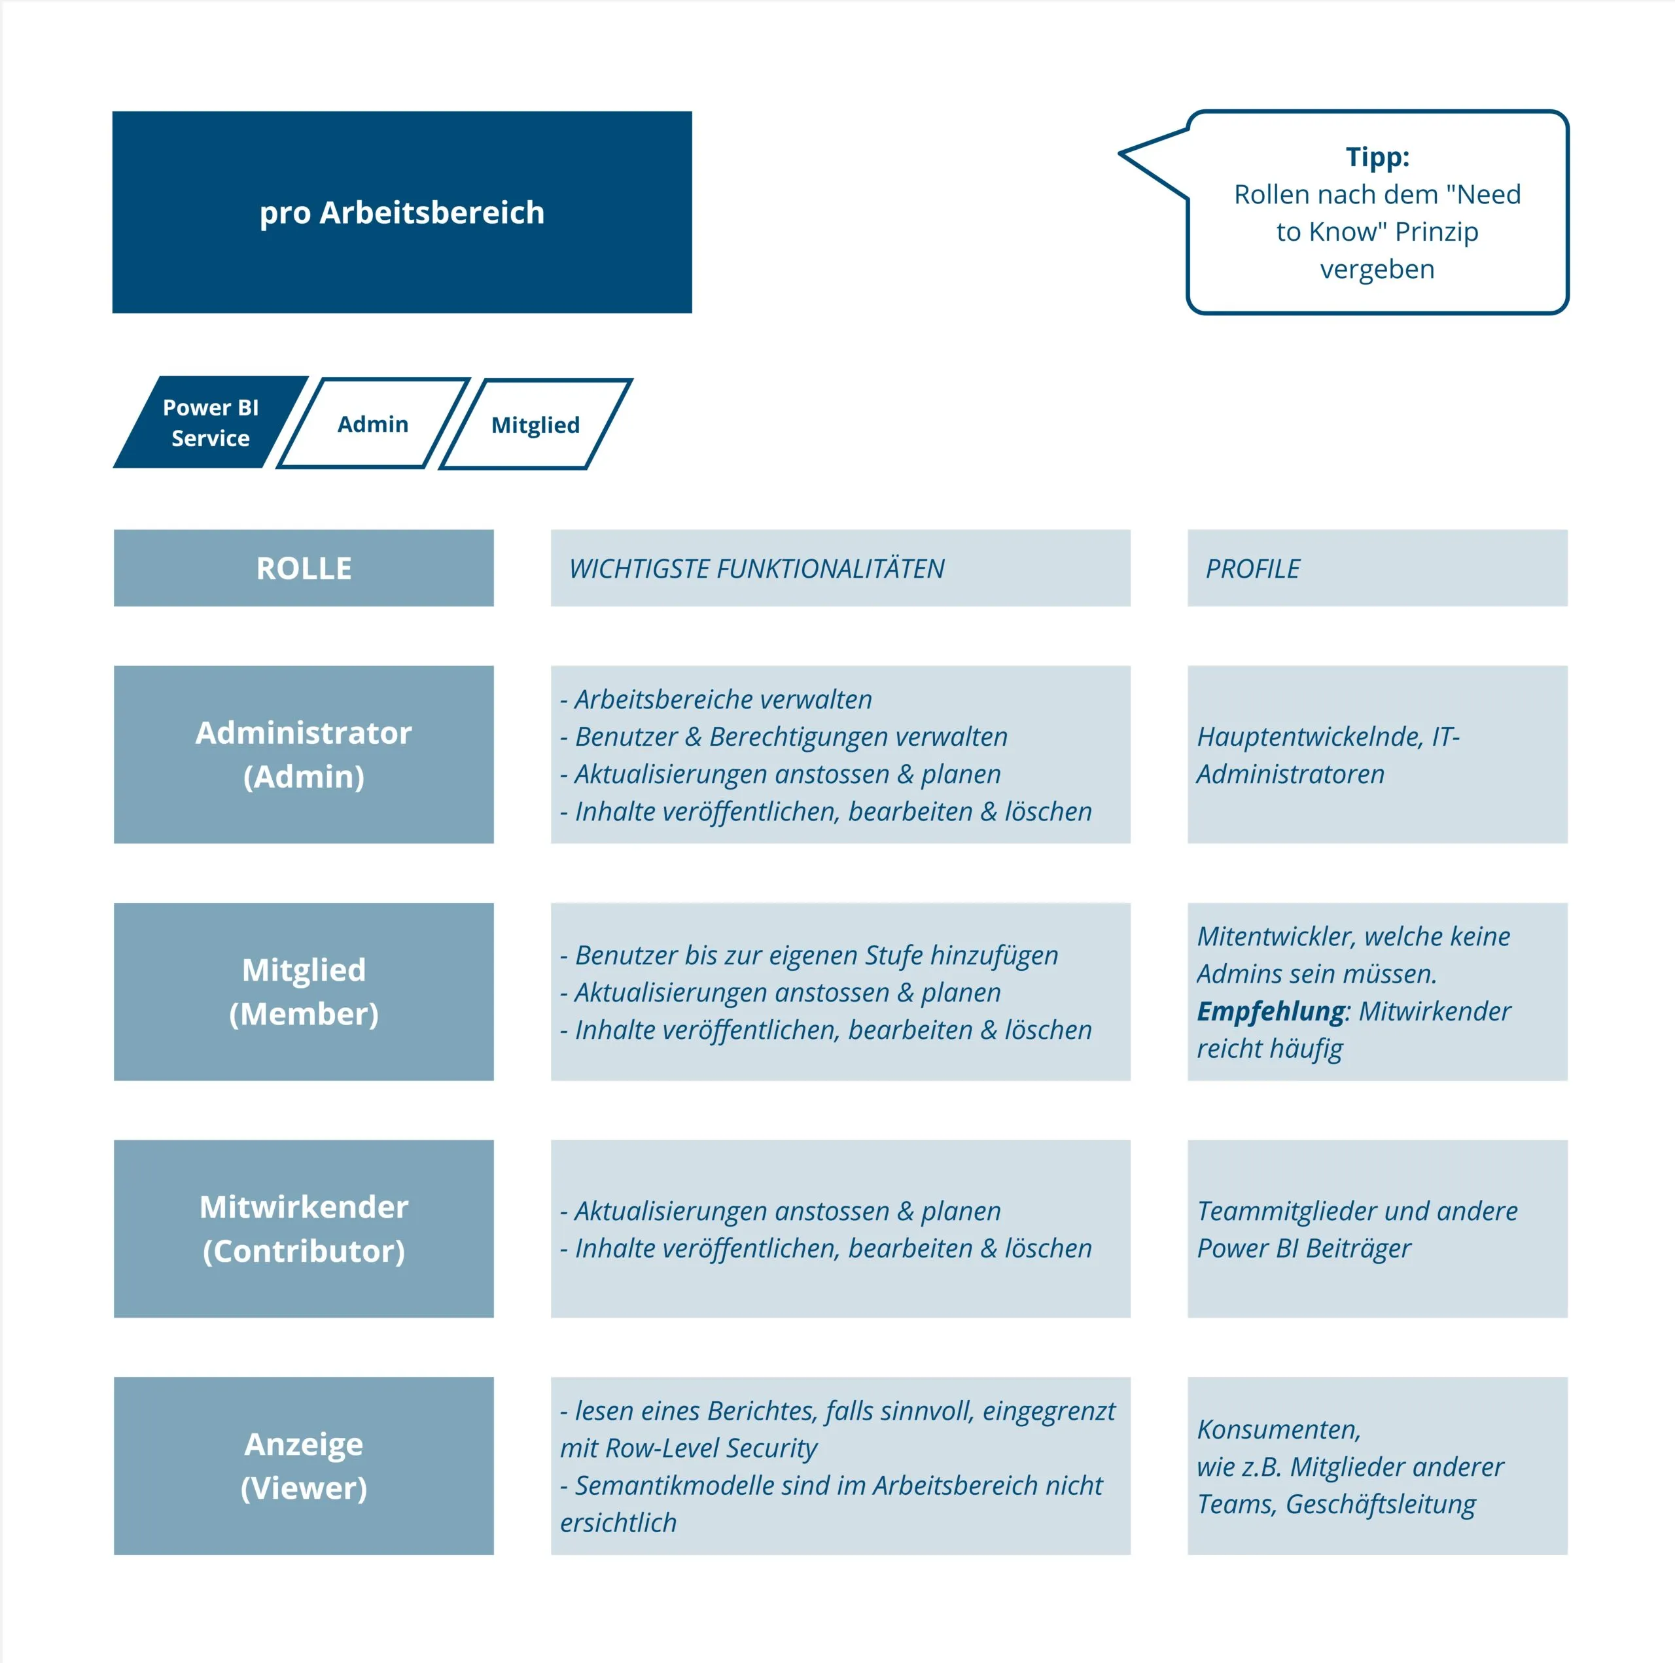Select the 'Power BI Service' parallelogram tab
pyautogui.click(x=211, y=422)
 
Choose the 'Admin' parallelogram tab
pyautogui.click(x=373, y=423)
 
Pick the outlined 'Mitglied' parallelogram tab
pyautogui.click(x=536, y=424)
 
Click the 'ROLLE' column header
pyautogui.click(x=304, y=568)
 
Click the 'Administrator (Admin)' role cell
pyautogui.click(x=304, y=754)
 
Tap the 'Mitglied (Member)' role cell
pyautogui.click(x=304, y=991)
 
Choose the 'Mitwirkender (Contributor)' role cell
pyautogui.click(x=304, y=1229)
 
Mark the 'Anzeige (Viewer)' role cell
pyautogui.click(x=304, y=1465)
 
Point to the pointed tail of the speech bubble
pyautogui.click(x=1121, y=154)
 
